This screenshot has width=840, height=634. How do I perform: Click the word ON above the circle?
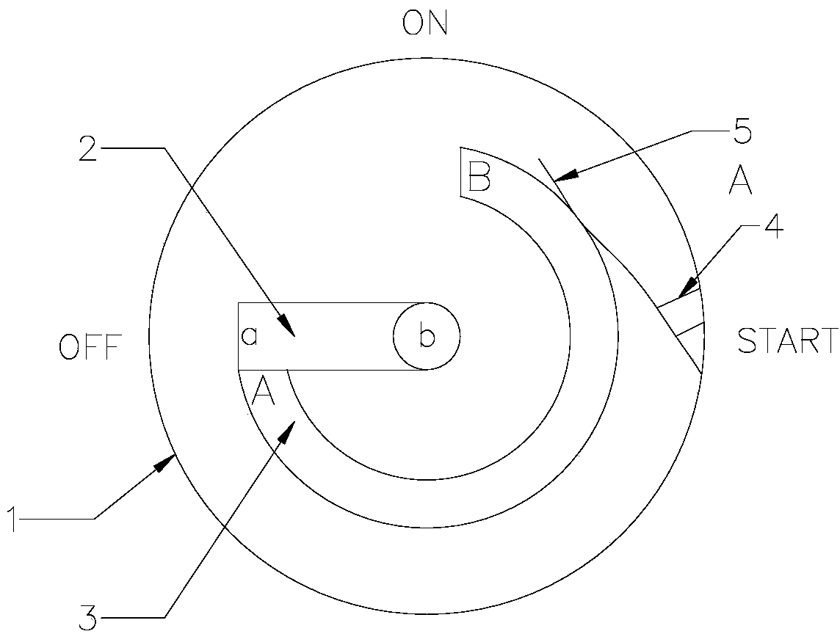point(424,24)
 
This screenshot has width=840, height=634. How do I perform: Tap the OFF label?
point(89,347)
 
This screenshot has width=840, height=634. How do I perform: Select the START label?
point(787,341)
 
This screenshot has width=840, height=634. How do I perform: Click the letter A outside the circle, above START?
point(740,181)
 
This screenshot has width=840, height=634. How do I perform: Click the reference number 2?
point(88,150)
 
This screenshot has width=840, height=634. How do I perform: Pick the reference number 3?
point(87,617)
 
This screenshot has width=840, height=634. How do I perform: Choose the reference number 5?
point(742,133)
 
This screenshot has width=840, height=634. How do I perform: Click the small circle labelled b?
point(427,337)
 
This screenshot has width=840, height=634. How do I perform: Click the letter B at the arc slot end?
point(479,177)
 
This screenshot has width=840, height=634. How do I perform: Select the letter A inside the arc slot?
point(263,392)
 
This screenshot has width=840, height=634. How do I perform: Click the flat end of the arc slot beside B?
point(460,172)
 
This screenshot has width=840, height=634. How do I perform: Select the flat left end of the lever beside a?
point(238,335)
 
